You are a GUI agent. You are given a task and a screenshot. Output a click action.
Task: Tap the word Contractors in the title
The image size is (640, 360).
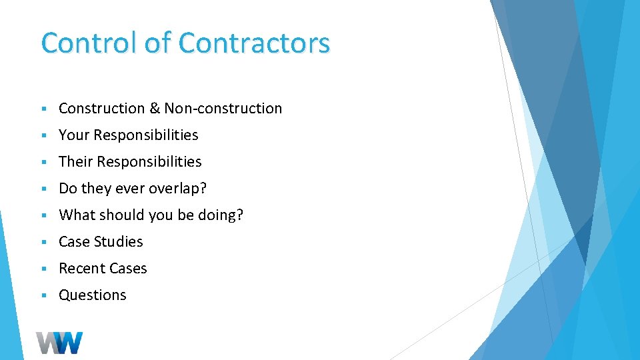(254, 43)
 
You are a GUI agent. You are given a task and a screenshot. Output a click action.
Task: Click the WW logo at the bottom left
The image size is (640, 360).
(59, 343)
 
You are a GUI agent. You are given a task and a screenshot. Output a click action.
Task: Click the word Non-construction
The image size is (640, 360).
(223, 108)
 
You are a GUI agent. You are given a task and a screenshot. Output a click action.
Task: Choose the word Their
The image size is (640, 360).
(75, 161)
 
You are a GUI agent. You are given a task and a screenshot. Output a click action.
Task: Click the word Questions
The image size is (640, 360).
(93, 295)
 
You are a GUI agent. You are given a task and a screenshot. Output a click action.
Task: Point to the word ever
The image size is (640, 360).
(130, 188)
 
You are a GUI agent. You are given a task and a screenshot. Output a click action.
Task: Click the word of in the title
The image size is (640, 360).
(158, 43)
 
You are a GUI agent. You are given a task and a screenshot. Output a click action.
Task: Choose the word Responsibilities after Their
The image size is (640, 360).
(149, 161)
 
